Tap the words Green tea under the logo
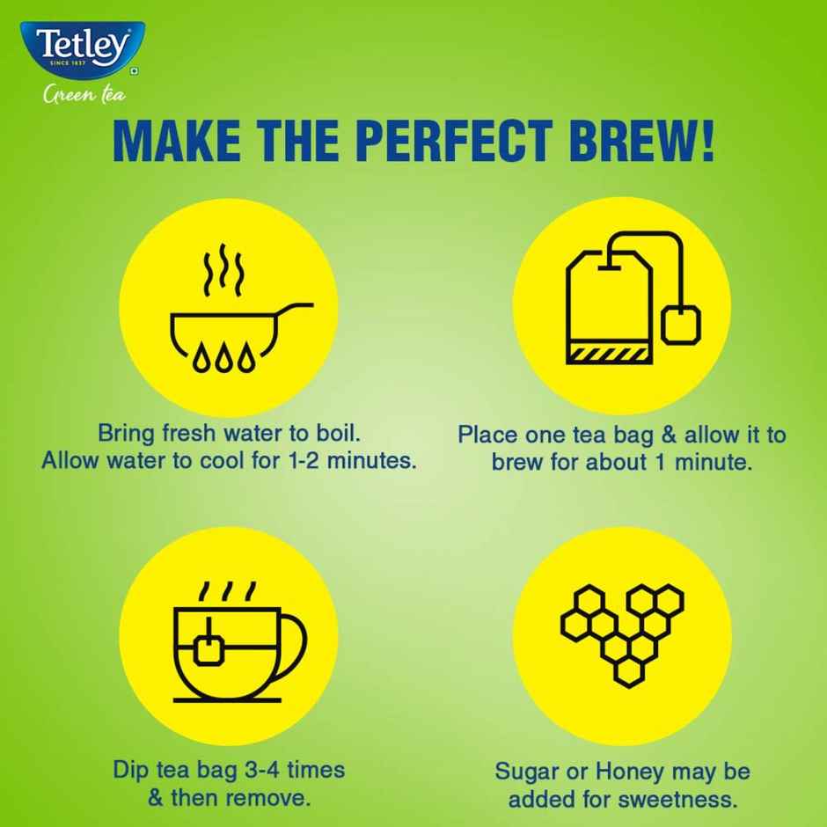(x=84, y=94)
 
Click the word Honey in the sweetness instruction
(x=630, y=772)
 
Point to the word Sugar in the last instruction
(x=529, y=772)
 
